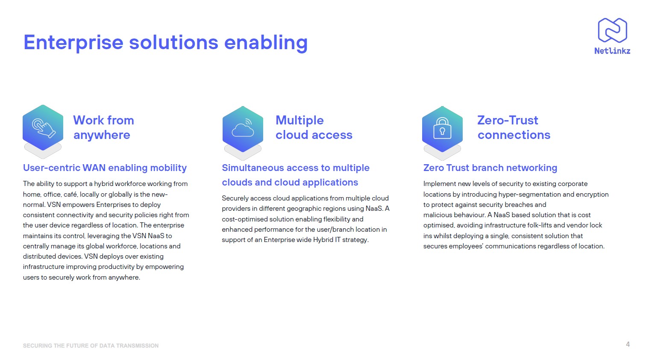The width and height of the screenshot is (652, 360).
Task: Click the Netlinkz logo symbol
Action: pyautogui.click(x=612, y=30)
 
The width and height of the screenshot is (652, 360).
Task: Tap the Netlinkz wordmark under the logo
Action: pyautogui.click(x=612, y=51)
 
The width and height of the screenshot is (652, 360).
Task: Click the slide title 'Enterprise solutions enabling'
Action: pyautogui.click(x=165, y=42)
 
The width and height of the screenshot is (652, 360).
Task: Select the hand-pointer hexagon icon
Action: pyautogui.click(x=43, y=127)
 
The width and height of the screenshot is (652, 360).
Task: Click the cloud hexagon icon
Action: pyautogui.click(x=243, y=129)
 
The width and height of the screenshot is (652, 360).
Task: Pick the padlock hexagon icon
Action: pyautogui.click(x=442, y=129)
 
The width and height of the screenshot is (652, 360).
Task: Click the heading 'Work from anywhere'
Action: pyautogui.click(x=103, y=127)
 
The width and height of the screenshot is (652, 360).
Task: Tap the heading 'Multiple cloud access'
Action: pyautogui.click(x=314, y=127)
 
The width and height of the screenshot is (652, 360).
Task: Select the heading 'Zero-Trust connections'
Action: pyautogui.click(x=514, y=127)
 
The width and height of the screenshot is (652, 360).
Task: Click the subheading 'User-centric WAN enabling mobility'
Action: pyautogui.click(x=105, y=168)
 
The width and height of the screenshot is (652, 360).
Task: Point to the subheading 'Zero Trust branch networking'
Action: pyautogui.click(x=490, y=168)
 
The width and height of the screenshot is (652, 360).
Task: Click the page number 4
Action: pyautogui.click(x=628, y=344)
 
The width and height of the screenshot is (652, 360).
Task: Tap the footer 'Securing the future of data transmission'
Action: pyautogui.click(x=91, y=345)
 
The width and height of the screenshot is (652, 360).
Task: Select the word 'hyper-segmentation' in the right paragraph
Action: pyautogui.click(x=529, y=194)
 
